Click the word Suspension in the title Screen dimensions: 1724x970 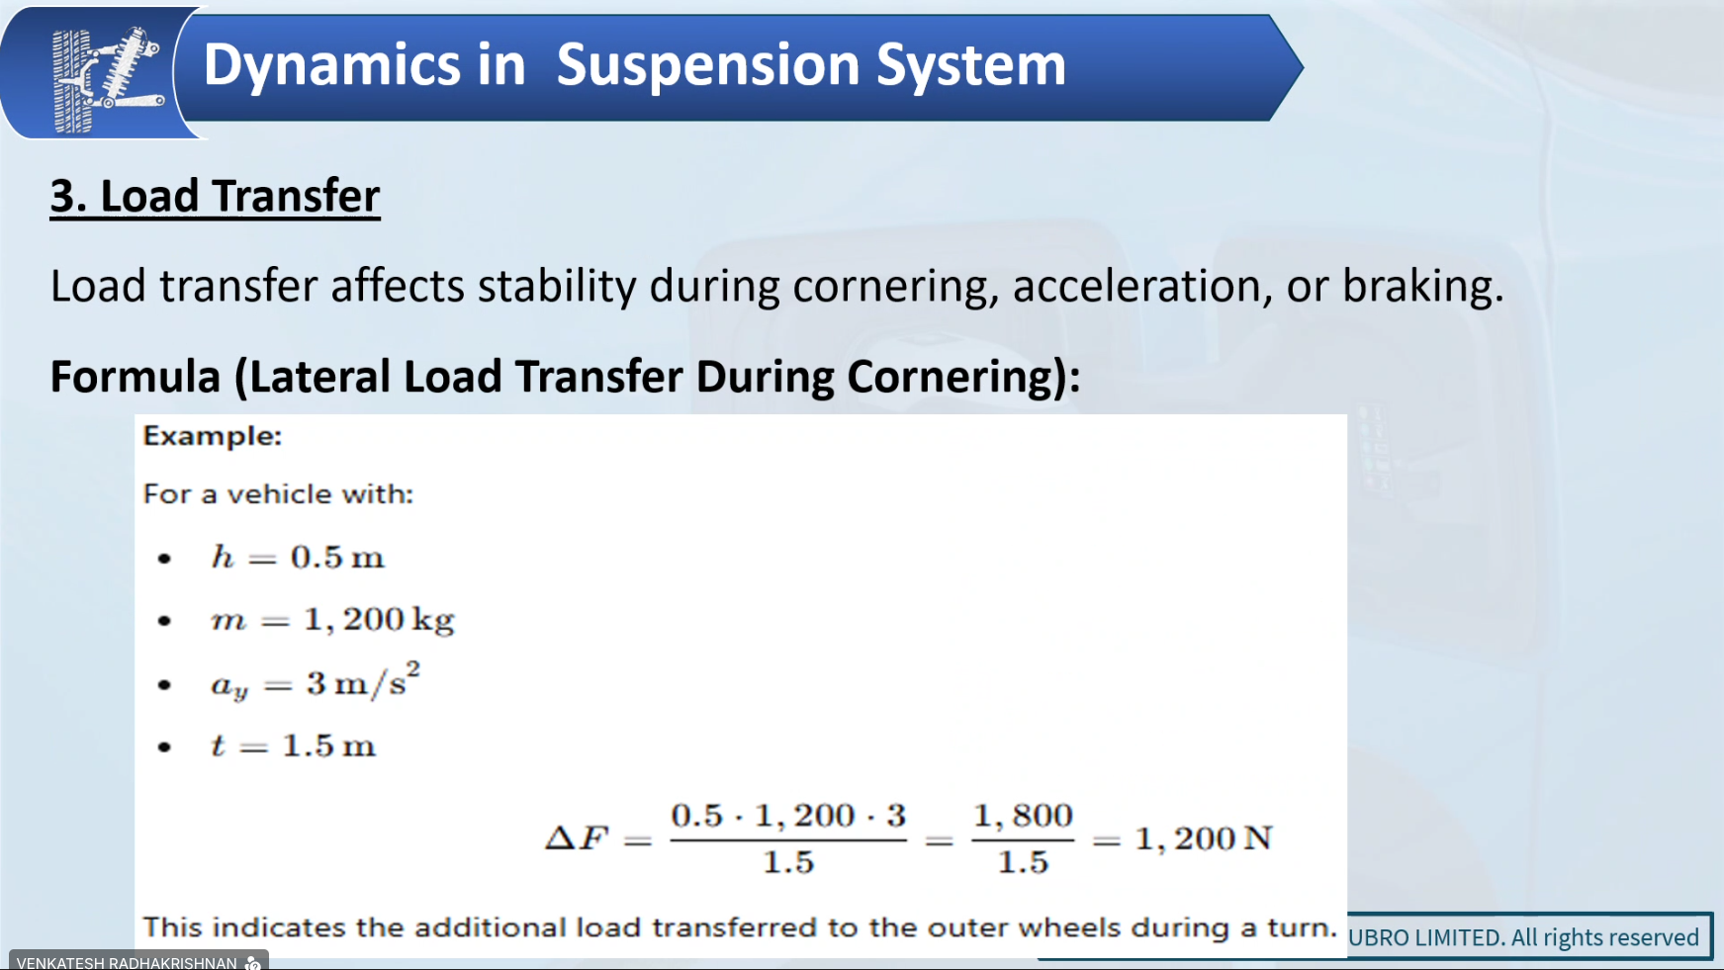[708, 66]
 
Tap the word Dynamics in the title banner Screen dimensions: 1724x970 [332, 66]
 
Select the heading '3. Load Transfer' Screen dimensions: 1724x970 [215, 196]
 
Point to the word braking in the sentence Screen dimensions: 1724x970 [1422, 286]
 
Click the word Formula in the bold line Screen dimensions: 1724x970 [136, 377]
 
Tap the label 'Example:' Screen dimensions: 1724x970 [213, 436]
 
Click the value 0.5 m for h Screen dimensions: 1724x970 [337, 558]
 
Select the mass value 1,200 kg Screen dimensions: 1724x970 [379, 621]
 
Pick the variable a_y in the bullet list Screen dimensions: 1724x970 [229, 686]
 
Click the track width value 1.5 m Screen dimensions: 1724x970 [329, 746]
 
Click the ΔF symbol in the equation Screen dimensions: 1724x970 [577, 838]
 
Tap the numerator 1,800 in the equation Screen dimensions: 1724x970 [1023, 816]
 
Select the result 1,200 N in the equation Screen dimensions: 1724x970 [1204, 839]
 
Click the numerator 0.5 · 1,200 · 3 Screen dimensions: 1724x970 [788, 816]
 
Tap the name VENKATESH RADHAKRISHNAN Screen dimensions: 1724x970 [127, 962]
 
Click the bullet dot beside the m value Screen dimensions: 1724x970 [164, 621]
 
